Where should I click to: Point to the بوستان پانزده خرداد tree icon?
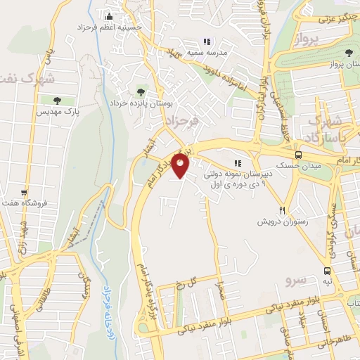click(x=141, y=91)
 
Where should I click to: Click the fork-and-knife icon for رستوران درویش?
click(x=283, y=210)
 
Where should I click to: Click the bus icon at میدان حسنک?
click(x=298, y=155)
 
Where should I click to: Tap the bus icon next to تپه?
click(x=328, y=271)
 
